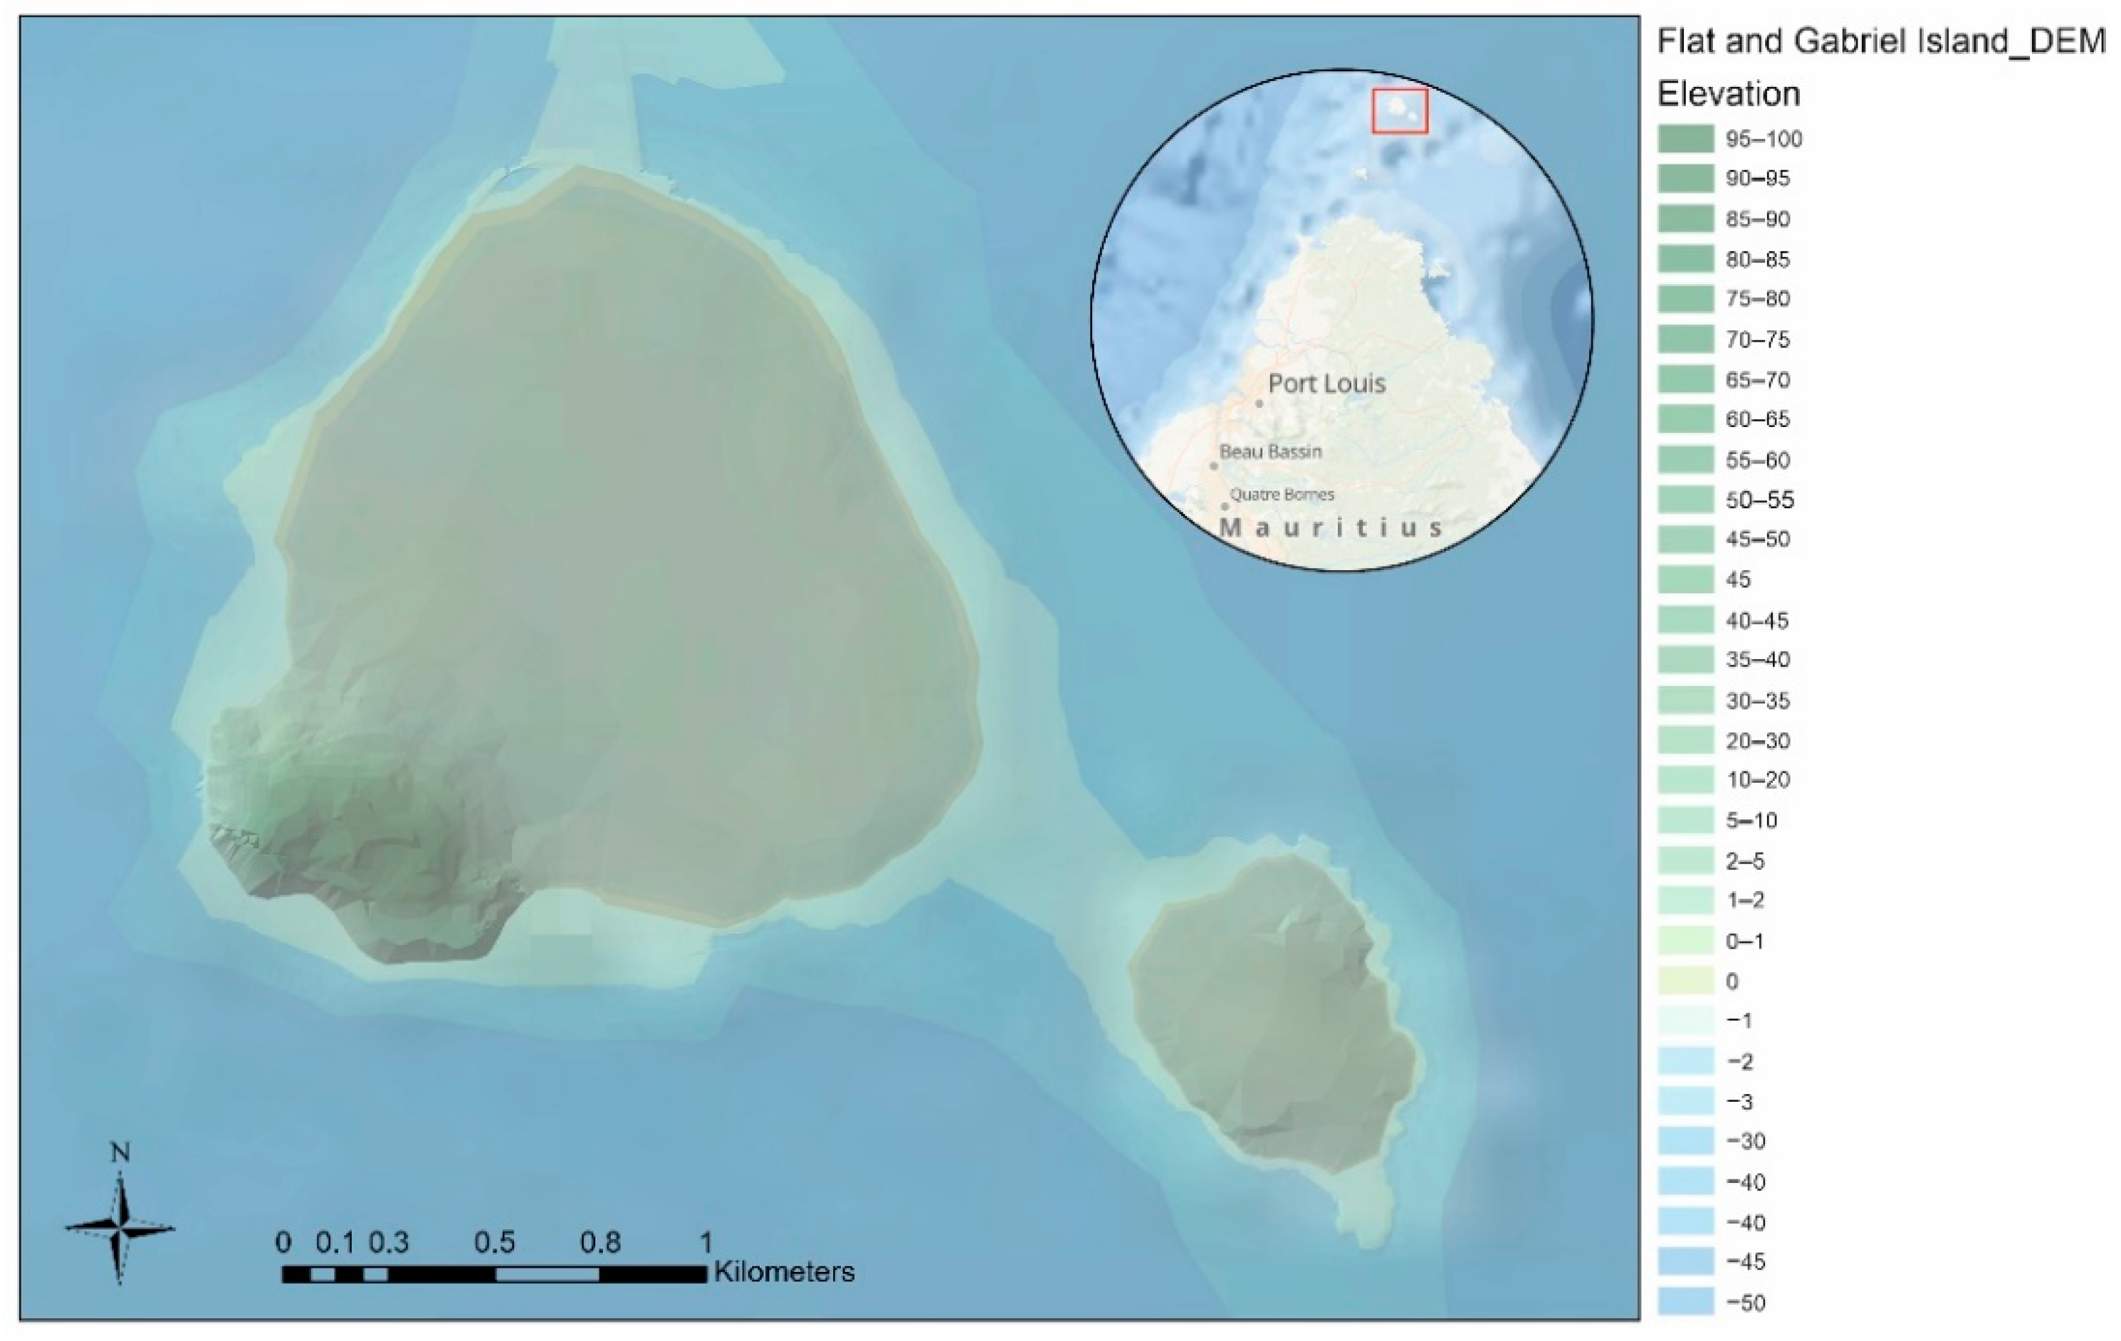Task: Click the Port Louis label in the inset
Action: coord(1326,384)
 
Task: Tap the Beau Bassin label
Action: coord(1270,452)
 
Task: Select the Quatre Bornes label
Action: coord(1282,495)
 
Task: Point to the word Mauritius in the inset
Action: coord(1331,528)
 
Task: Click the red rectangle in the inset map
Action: coord(1400,111)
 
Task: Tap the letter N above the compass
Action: coord(120,1152)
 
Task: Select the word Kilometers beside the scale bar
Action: coord(784,1273)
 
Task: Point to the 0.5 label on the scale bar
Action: coord(494,1242)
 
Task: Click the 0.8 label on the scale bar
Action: coord(599,1242)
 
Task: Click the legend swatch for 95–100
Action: coord(1686,139)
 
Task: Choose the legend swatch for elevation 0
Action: coord(1686,981)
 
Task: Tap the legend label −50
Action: coord(1746,1303)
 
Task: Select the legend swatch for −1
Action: coord(1686,1021)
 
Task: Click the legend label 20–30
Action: coord(1757,740)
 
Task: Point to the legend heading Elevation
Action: coord(1728,93)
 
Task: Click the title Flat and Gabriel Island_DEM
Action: coord(1880,41)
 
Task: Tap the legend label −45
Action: coord(1746,1262)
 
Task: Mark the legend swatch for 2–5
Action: coord(1686,861)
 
